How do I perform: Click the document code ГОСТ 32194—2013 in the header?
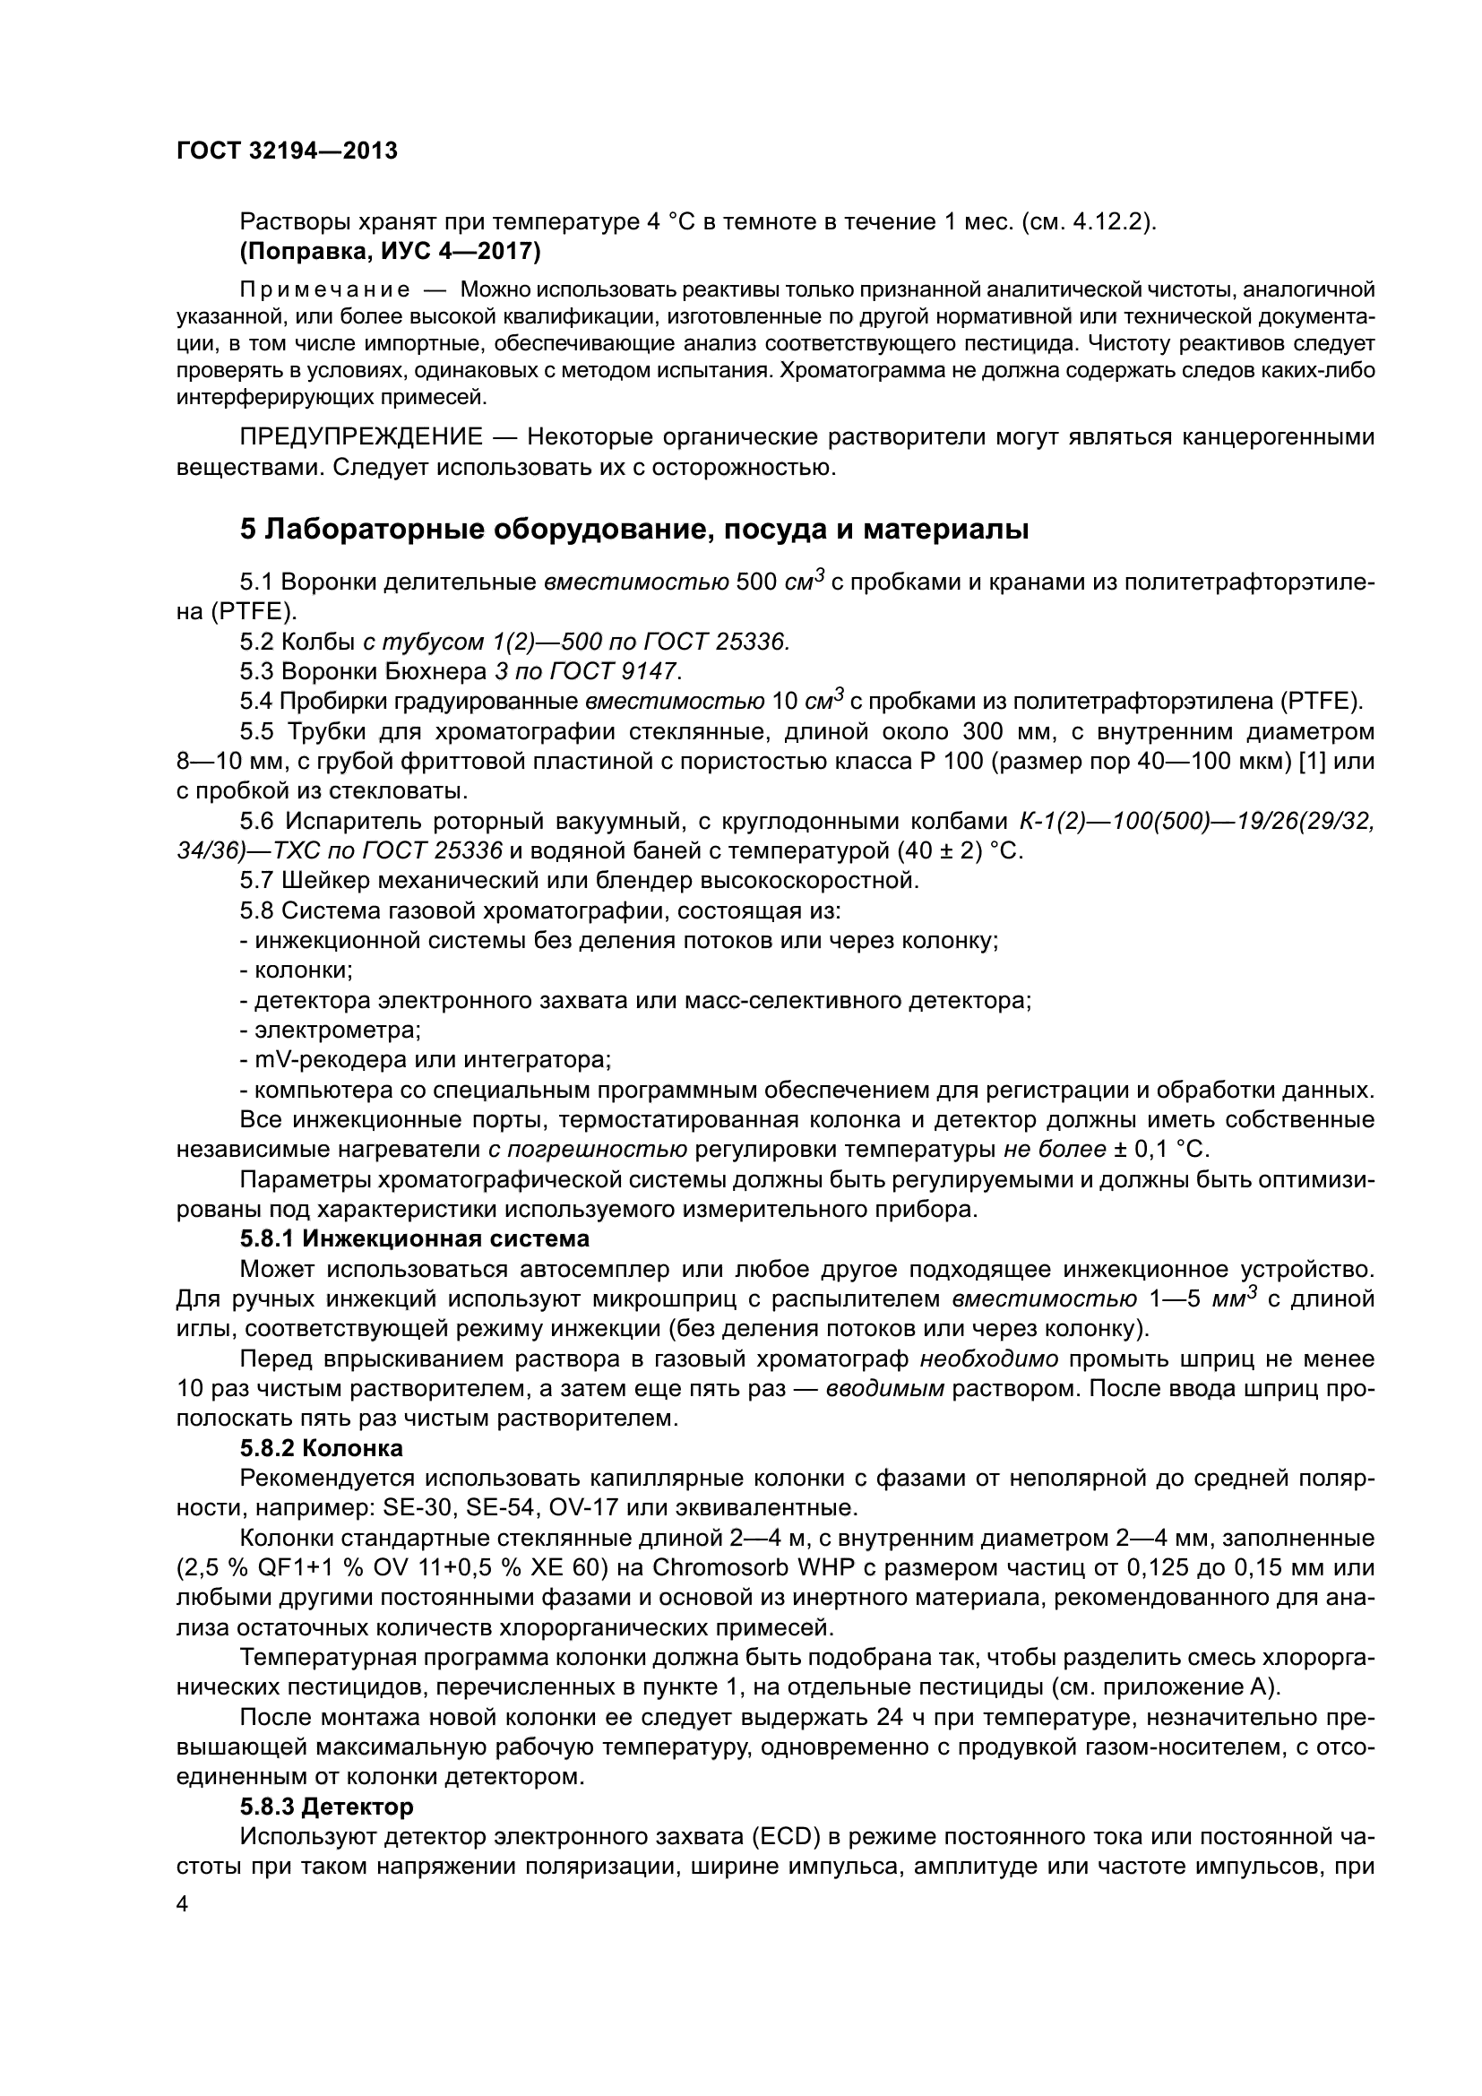point(287,151)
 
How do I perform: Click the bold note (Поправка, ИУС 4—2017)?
point(390,250)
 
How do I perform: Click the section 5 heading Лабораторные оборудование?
point(633,529)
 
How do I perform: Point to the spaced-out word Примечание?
point(324,290)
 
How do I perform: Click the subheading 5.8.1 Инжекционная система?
point(414,1238)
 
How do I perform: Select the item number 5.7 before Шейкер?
point(256,881)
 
